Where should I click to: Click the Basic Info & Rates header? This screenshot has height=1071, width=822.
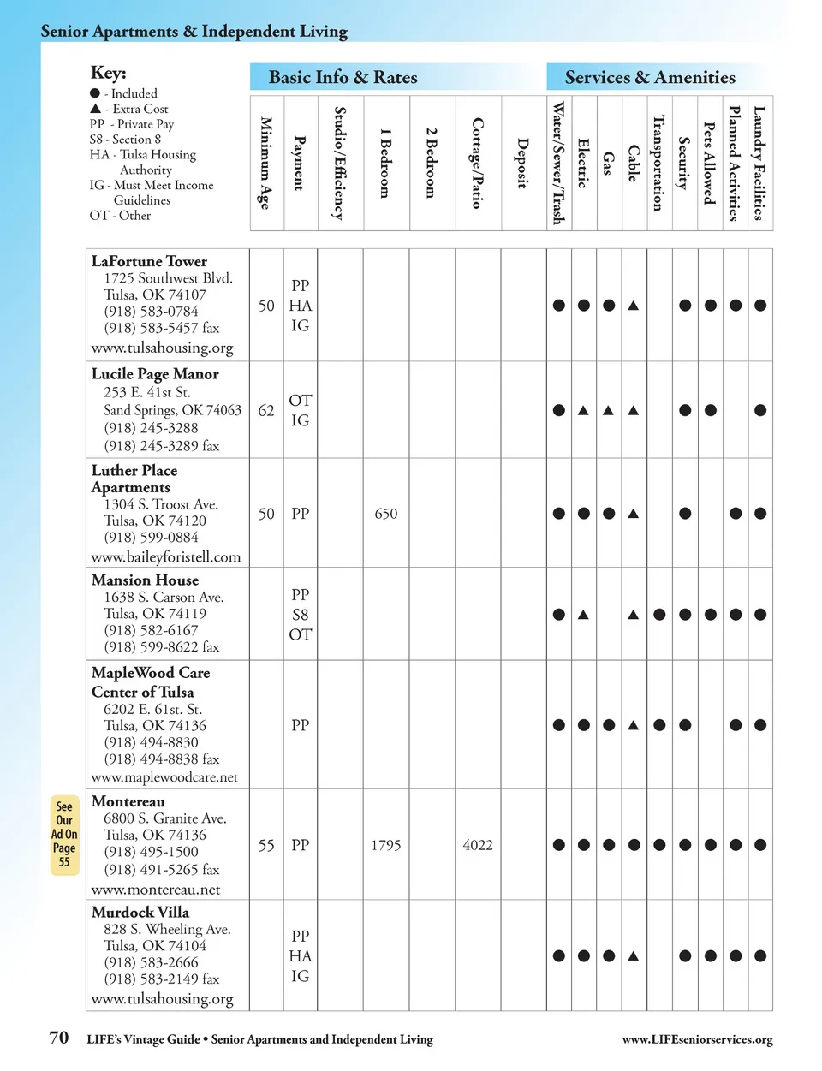[x=342, y=77]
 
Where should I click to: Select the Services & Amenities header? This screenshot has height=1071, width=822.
[x=649, y=77]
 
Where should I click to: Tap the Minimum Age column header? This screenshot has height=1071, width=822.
[x=265, y=163]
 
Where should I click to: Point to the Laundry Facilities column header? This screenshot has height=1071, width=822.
[x=759, y=163]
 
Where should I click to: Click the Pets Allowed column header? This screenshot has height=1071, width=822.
[x=709, y=163]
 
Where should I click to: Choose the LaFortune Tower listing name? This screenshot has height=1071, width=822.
[x=149, y=261]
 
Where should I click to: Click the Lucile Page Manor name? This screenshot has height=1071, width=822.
[x=155, y=374]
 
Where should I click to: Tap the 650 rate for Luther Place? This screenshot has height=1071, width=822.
[x=386, y=514]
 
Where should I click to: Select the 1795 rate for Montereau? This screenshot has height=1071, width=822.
[x=386, y=845]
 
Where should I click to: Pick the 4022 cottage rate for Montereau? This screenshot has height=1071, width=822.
[x=478, y=845]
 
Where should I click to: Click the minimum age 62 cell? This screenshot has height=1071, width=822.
[x=266, y=411]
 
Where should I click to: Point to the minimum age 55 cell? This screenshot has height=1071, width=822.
[x=266, y=845]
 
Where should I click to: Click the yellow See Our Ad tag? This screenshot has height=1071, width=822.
[x=64, y=834]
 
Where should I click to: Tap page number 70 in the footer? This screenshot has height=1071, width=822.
[x=58, y=1038]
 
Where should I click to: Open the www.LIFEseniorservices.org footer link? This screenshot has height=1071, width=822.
[x=697, y=1039]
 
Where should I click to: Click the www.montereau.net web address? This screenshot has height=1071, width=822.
[x=156, y=890]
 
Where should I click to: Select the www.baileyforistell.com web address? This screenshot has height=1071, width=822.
[x=166, y=557]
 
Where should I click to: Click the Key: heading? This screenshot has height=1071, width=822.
[x=108, y=73]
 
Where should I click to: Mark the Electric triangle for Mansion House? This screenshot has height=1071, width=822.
[x=583, y=614]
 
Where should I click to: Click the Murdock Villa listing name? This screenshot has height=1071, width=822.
[x=140, y=913]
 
